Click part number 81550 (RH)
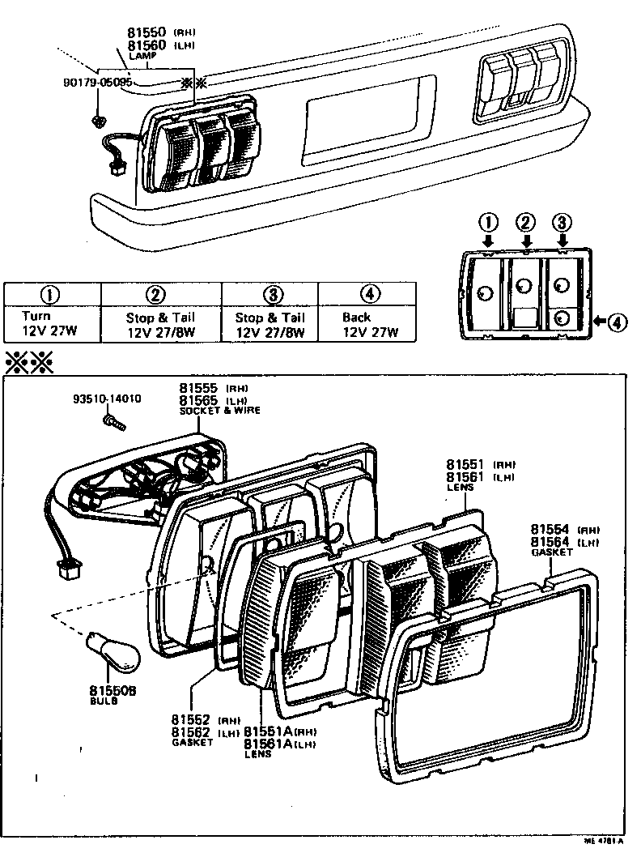tap(147, 32)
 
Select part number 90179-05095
tap(97, 83)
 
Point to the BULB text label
tap(103, 701)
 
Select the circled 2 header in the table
tap(160, 295)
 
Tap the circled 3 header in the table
tap(270, 295)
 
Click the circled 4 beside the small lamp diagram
tap(617, 322)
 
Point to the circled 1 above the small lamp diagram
tap(488, 222)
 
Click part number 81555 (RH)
tap(197, 389)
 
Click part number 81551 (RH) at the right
tap(465, 465)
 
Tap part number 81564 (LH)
tap(550, 541)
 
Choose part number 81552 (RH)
tap(191, 719)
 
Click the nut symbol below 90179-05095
tap(98, 122)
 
